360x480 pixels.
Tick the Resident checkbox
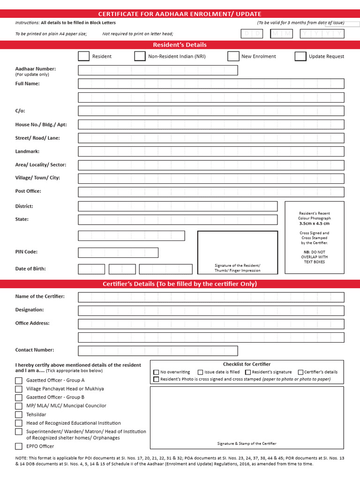click(x=83, y=56)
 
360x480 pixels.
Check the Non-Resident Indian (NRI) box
click(x=140, y=56)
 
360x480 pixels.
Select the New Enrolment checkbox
click(x=233, y=56)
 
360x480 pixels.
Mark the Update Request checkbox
click(x=300, y=56)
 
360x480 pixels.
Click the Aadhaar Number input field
click(x=158, y=70)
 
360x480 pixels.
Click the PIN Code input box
click(x=118, y=253)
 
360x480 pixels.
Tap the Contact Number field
click(x=158, y=351)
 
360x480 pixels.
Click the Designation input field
click(x=211, y=310)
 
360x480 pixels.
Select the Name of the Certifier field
click(x=211, y=297)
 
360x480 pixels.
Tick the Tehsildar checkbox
click(x=19, y=415)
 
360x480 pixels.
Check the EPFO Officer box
click(x=19, y=446)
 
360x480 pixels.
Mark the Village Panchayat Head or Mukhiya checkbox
click(x=19, y=389)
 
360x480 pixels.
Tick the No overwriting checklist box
click(x=156, y=372)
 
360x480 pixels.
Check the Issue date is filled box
click(x=200, y=372)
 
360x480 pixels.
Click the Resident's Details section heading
click(x=180, y=45)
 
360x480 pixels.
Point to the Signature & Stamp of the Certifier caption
click(x=247, y=443)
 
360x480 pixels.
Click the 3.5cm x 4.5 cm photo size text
click(x=314, y=224)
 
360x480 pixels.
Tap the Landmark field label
click(x=27, y=151)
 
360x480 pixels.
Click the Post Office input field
click(x=211, y=192)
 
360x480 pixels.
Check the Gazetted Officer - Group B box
click(x=19, y=397)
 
